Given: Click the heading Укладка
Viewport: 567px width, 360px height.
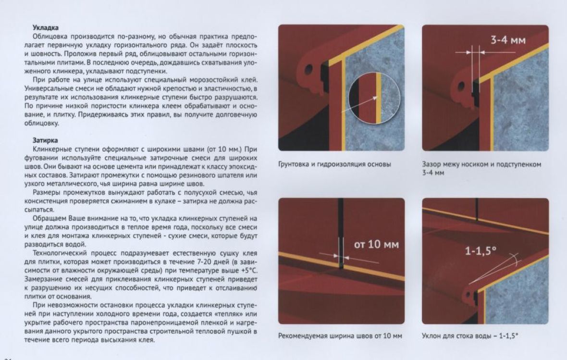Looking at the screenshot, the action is pos(46,27).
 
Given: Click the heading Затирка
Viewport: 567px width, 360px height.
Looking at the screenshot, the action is pos(45,140).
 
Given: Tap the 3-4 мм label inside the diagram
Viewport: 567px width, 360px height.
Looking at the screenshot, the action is pos(508,40).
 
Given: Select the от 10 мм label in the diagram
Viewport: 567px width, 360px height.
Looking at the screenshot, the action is pos(376,245).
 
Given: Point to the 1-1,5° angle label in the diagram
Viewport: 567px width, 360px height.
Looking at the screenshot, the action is pos(481,250).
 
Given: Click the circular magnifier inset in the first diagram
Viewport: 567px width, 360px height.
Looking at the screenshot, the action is pos(375,98).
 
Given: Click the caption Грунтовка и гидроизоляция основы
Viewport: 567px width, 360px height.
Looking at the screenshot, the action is pos(334,164).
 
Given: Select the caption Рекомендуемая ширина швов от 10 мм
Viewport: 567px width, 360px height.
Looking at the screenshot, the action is pos(340,336).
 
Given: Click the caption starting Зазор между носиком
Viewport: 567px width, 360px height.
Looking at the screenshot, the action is pos(481,168).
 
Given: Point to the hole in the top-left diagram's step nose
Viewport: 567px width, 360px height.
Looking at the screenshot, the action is pos(309,69).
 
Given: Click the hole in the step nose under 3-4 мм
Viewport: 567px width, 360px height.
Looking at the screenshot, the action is pos(461,87).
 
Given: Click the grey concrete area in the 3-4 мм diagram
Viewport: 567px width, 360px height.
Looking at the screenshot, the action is pos(521,105).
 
